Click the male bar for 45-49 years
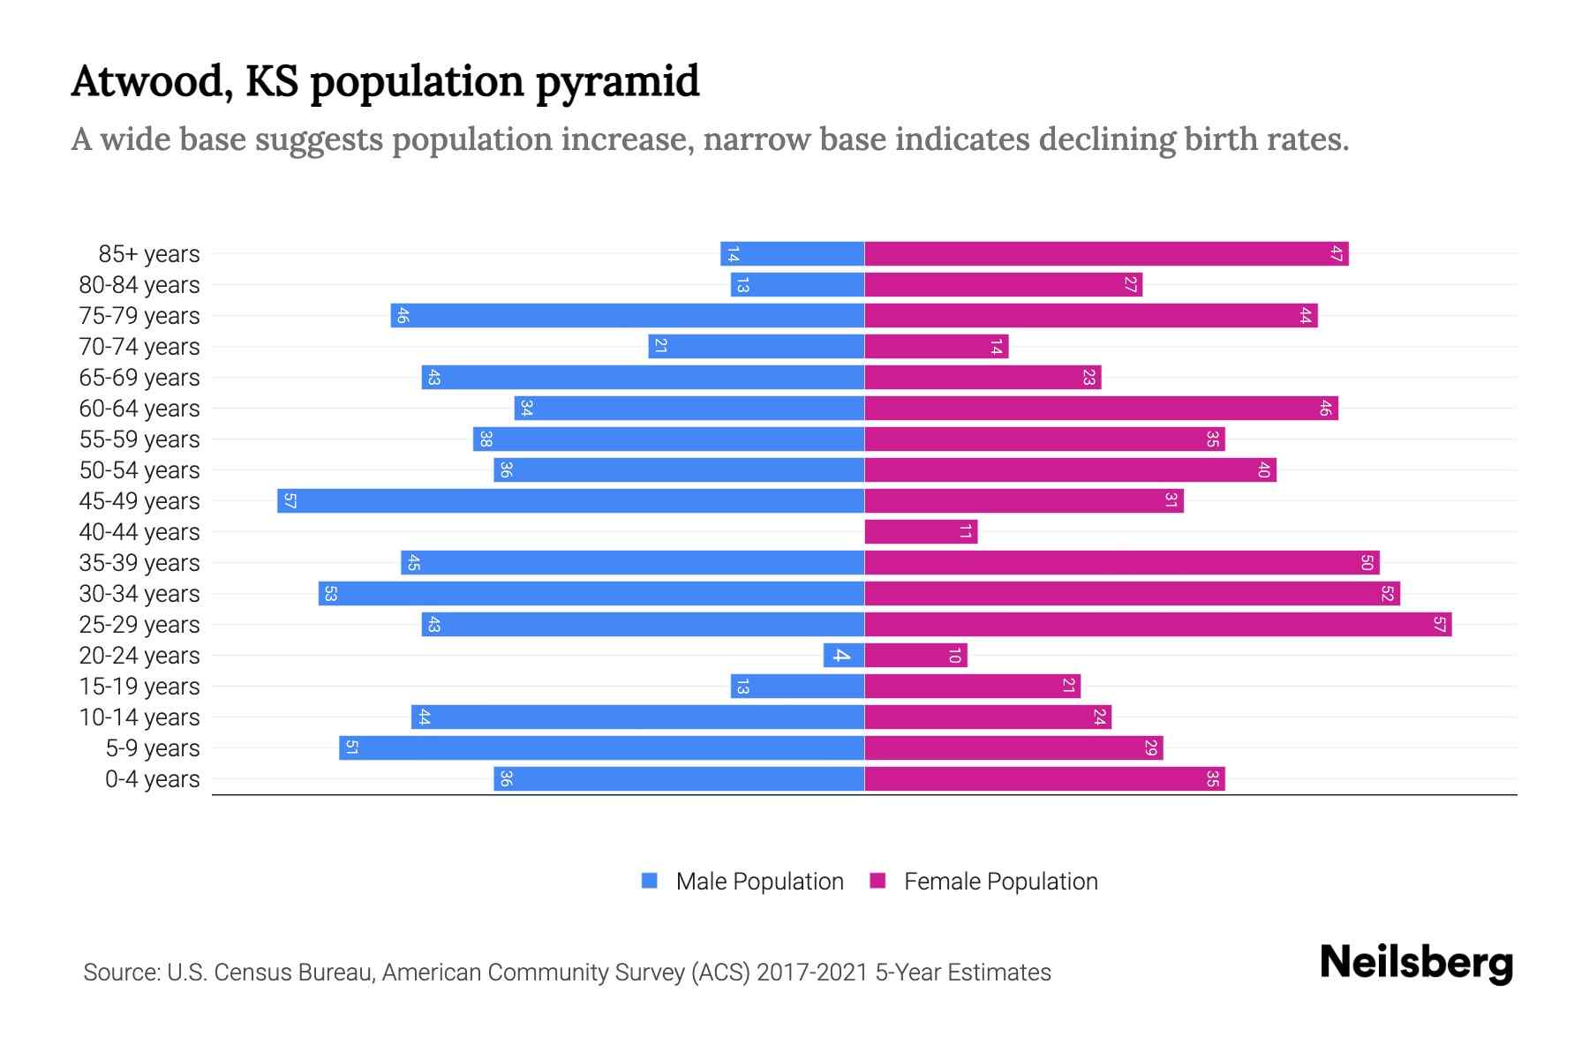570,501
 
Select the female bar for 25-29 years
1157,625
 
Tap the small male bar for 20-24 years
843,656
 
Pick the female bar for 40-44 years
921,532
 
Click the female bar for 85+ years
1106,254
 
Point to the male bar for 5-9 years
601,748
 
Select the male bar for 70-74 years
756,347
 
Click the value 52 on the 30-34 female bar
1387,594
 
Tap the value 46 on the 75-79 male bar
403,316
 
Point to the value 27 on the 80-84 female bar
1130,285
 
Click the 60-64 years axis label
139,409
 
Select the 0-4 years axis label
152,779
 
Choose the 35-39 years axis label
139,563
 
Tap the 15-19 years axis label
139,687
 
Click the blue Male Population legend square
650,881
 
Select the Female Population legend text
1000,882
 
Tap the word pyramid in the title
617,82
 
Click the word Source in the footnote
121,973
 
